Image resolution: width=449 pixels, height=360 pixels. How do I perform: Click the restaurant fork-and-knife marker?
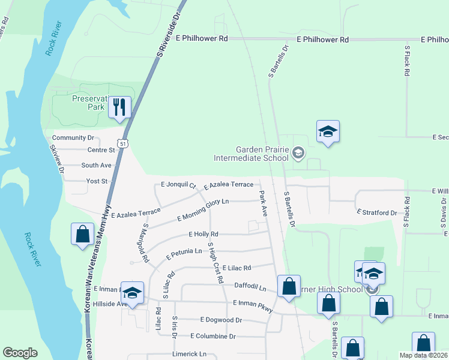(119, 108)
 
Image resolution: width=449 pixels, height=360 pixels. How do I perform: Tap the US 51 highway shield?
(122, 144)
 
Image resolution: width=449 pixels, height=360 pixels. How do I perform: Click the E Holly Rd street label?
(203, 234)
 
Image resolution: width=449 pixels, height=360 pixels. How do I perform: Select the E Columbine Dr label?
(213, 336)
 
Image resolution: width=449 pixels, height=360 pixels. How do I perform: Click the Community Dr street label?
(74, 138)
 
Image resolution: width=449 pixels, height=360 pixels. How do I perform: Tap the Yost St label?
(95, 181)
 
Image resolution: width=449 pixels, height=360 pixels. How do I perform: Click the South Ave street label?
(97, 165)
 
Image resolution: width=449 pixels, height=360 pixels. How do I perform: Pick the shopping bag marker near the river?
(82, 235)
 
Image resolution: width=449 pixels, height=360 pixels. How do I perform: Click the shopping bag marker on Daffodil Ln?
(289, 287)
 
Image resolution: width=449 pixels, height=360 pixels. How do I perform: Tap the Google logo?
(20, 353)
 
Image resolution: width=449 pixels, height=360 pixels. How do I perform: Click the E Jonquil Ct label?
(179, 185)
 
